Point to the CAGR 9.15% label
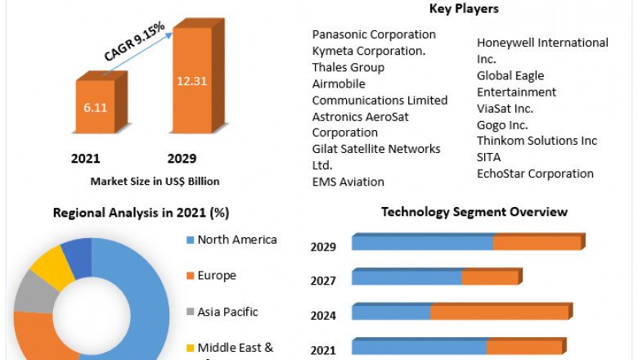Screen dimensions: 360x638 coord(134,42)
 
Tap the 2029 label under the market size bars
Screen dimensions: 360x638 coord(182,158)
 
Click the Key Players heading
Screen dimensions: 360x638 coord(464,9)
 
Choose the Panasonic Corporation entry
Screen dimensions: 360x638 coord(374,34)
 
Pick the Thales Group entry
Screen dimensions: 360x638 coord(348,67)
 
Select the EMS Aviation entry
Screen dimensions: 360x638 coord(348,182)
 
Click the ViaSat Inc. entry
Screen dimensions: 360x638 coord(505,108)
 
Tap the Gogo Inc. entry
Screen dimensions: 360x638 coord(502,124)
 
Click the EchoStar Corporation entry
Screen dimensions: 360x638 coord(535,173)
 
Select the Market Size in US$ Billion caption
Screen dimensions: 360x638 coord(155,181)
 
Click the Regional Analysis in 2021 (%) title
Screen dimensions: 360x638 coord(141,213)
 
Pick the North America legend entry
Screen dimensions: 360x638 coord(237,240)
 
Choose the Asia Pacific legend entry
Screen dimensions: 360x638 coord(227,312)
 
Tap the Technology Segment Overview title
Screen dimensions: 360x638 coord(474,212)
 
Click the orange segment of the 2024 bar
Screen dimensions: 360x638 coord(500,313)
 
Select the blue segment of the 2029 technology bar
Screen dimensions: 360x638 coord(422,243)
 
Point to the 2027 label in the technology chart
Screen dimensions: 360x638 coord(323,281)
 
